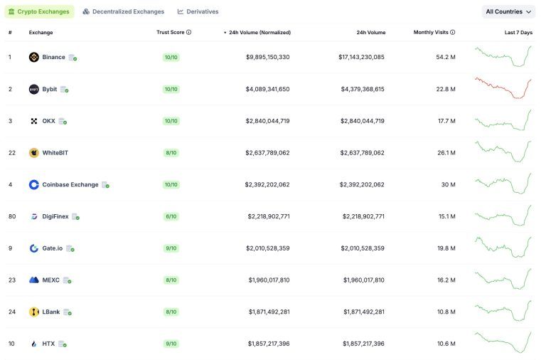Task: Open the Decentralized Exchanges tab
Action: point(123,11)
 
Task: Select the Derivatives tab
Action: point(198,11)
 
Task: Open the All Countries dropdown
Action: point(508,11)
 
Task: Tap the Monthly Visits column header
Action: point(434,33)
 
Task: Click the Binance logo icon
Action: point(33,57)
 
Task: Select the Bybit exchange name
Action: point(50,89)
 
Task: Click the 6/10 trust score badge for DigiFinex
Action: point(171,216)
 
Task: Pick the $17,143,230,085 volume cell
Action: point(361,57)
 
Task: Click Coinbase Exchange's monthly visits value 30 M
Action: point(447,184)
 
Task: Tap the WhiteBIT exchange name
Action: point(55,152)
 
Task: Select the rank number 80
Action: point(12,216)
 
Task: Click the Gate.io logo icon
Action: point(33,248)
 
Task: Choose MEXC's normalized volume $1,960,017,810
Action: point(269,280)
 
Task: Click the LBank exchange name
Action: point(51,312)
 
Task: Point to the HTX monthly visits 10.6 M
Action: point(446,344)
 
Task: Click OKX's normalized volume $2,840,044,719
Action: point(267,121)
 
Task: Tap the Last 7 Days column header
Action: point(518,33)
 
